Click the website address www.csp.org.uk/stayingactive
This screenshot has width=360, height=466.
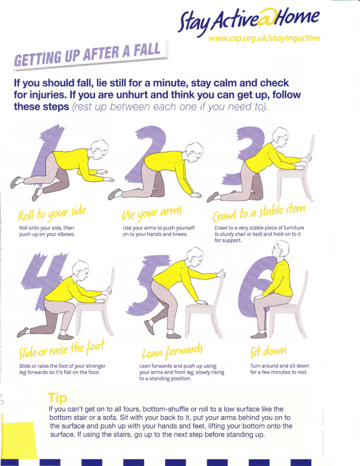[264, 38]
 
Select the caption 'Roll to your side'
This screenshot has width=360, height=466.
[52, 213]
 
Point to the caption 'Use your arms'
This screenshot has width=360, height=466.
[152, 213]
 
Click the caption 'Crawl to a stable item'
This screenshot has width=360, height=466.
[259, 212]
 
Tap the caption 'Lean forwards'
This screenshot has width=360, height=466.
[172, 351]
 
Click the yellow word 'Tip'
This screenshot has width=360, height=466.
[58, 398]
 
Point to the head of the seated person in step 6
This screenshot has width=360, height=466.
[280, 250]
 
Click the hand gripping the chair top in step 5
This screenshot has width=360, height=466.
[222, 273]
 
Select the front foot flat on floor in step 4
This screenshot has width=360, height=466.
[65, 336]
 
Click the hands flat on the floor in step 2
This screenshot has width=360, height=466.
[196, 195]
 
